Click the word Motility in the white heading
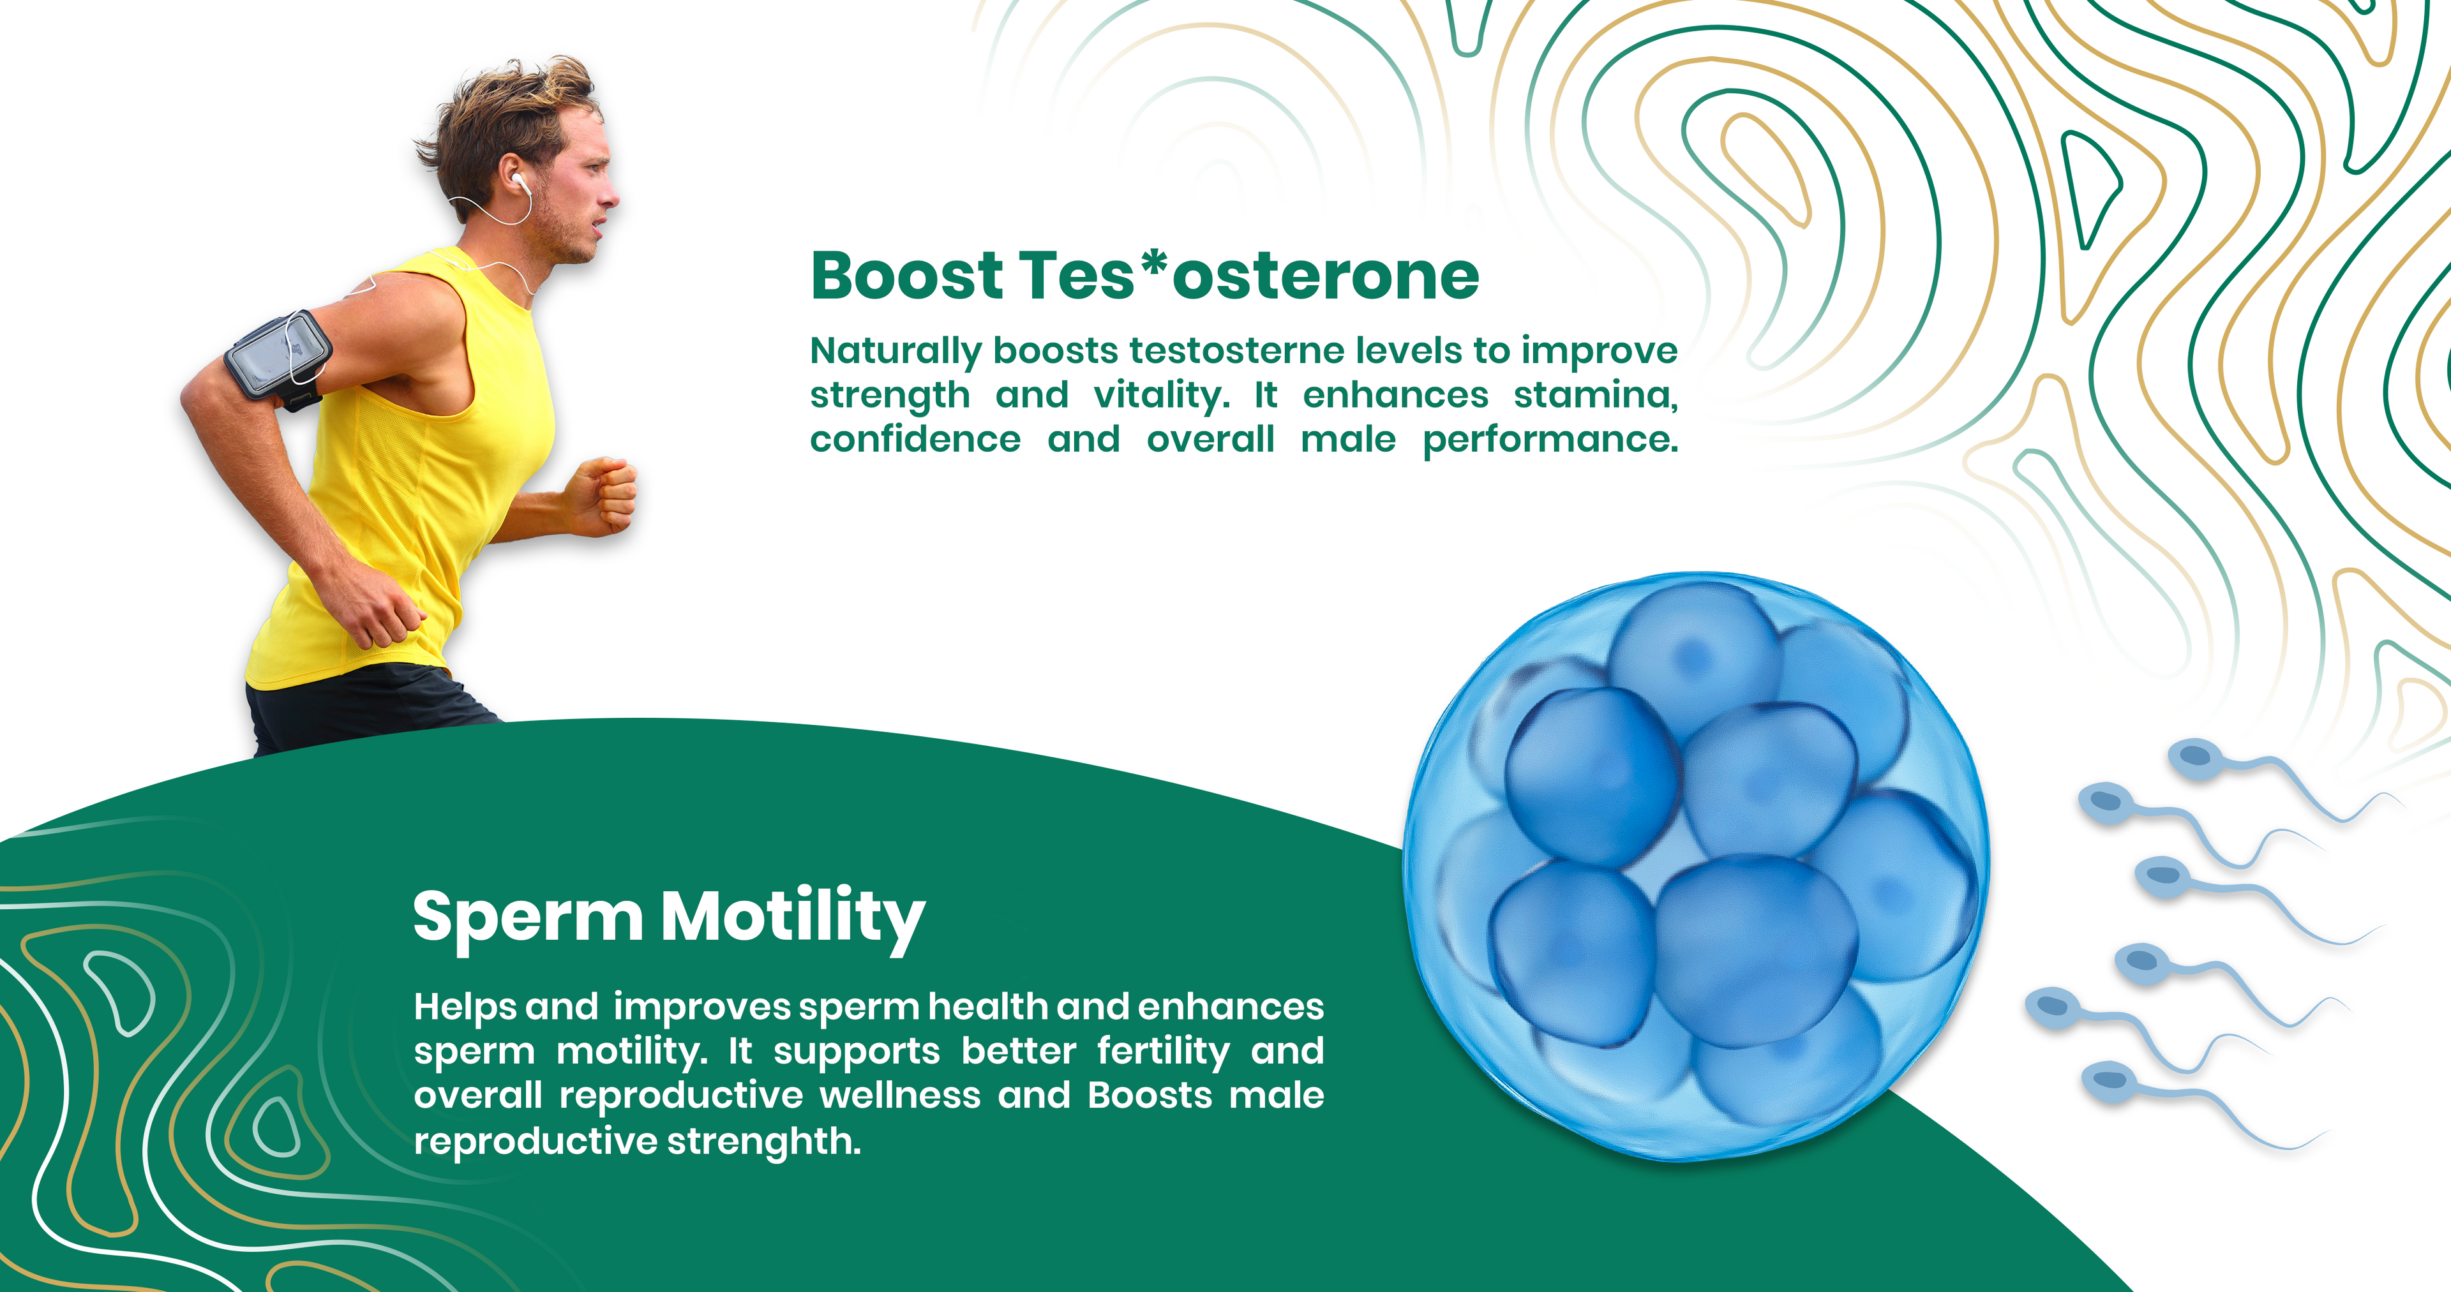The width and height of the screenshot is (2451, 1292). (x=793, y=917)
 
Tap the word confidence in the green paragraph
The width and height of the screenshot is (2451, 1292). (x=915, y=440)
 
